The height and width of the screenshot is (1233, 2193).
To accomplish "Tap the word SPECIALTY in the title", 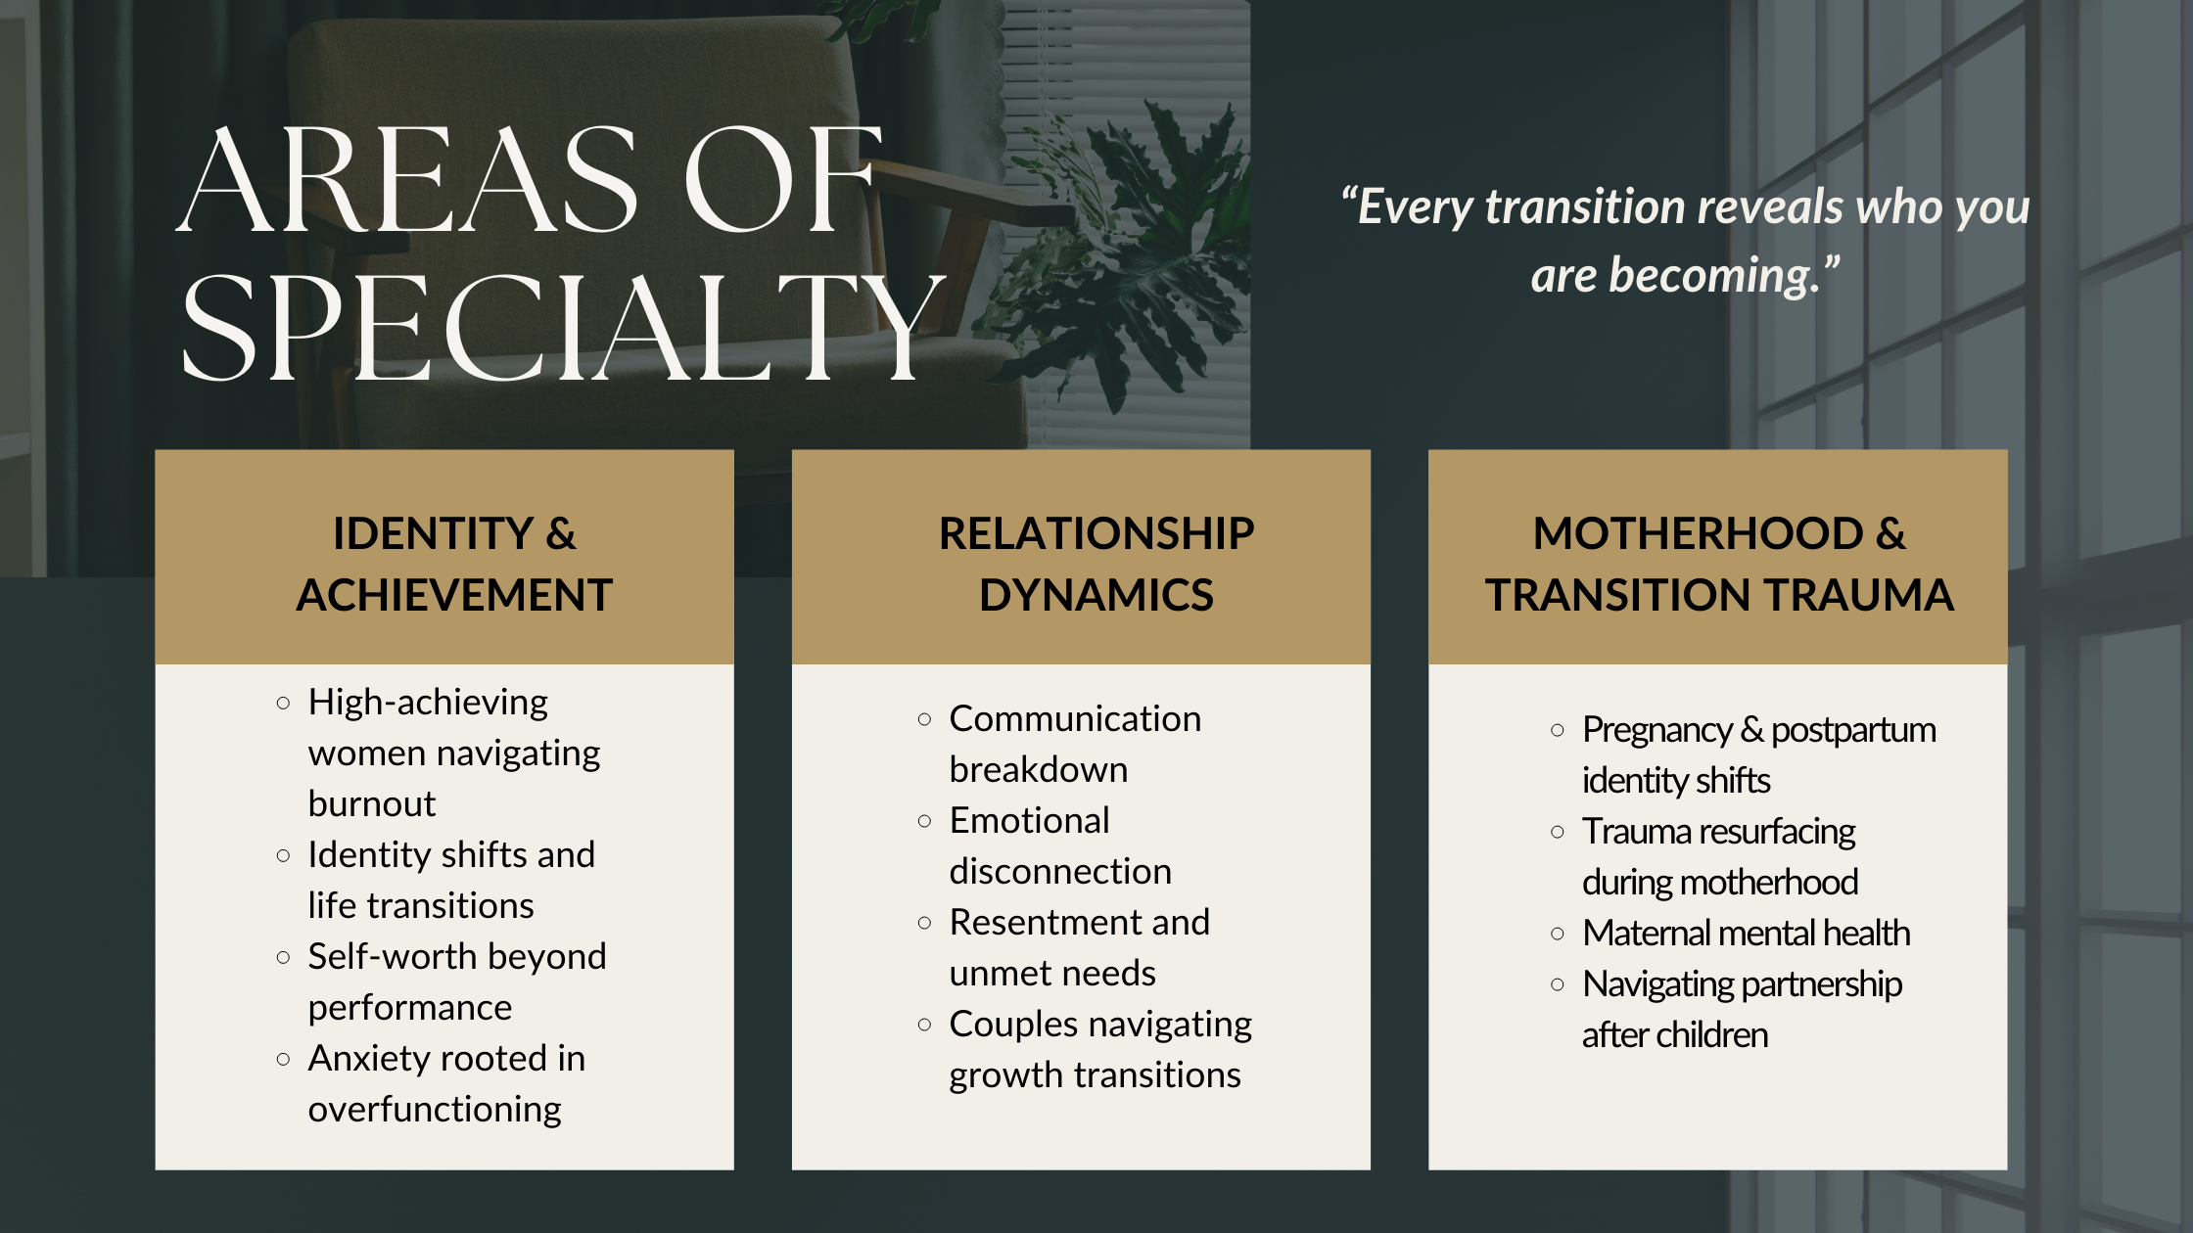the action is pyautogui.click(x=563, y=327).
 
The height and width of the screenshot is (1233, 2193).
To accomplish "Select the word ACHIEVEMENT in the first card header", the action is pyautogui.click(x=454, y=595).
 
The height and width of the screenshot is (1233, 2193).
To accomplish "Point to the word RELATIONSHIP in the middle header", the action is pyautogui.click(x=1096, y=533).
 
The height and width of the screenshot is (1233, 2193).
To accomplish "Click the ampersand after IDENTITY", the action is pyautogui.click(x=561, y=533).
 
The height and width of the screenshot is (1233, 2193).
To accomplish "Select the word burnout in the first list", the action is pyautogui.click(x=372, y=803).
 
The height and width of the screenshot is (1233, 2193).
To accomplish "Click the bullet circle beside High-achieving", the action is pyautogui.click(x=283, y=703).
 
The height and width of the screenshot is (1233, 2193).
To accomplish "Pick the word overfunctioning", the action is pyautogui.click(x=435, y=1109).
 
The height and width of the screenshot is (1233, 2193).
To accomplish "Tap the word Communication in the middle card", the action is pyautogui.click(x=1075, y=718).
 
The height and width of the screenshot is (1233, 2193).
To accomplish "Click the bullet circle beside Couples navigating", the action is pyautogui.click(x=924, y=1025).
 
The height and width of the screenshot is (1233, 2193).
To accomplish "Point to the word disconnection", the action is pyautogui.click(x=1060, y=871).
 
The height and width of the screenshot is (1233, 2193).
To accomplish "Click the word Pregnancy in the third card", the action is pyautogui.click(x=1657, y=730).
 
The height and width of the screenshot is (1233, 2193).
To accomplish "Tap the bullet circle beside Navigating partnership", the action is pyautogui.click(x=1558, y=984).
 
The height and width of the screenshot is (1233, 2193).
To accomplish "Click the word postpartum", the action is pyautogui.click(x=1853, y=730).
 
